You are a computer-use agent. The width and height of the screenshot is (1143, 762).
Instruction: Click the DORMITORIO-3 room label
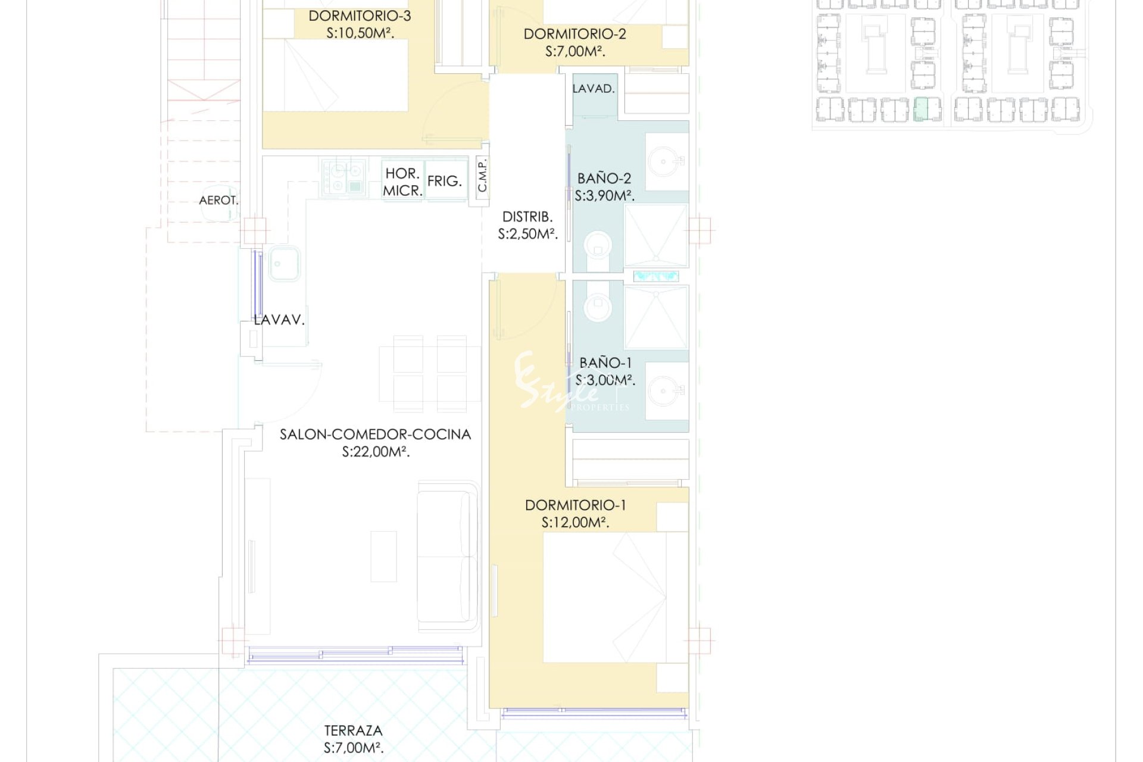360,16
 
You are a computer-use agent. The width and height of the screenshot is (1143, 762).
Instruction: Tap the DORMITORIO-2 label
574,34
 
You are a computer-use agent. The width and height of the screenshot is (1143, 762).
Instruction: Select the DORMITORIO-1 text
575,505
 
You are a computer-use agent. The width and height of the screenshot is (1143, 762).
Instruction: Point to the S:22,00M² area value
376,452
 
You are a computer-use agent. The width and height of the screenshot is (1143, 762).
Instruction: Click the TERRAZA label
353,730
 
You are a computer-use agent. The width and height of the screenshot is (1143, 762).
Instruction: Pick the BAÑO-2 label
604,178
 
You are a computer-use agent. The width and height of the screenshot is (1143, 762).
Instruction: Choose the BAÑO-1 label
605,363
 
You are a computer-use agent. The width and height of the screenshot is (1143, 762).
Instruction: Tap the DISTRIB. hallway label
527,217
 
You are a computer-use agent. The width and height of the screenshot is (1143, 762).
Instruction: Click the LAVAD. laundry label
594,89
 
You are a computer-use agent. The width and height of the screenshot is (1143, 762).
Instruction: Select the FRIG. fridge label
445,181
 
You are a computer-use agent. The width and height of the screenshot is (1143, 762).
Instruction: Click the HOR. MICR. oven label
402,182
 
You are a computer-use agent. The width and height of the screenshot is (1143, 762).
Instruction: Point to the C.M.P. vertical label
483,176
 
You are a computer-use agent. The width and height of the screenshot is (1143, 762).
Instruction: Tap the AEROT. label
218,201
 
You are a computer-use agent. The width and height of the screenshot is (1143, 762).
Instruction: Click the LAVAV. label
279,320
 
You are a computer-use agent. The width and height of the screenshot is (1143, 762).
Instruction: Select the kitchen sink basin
285,264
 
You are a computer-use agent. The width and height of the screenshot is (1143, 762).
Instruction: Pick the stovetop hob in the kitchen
343,177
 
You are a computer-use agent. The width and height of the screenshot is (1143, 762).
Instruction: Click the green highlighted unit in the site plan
921,110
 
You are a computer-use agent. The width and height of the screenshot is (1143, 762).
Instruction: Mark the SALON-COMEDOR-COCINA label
375,435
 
